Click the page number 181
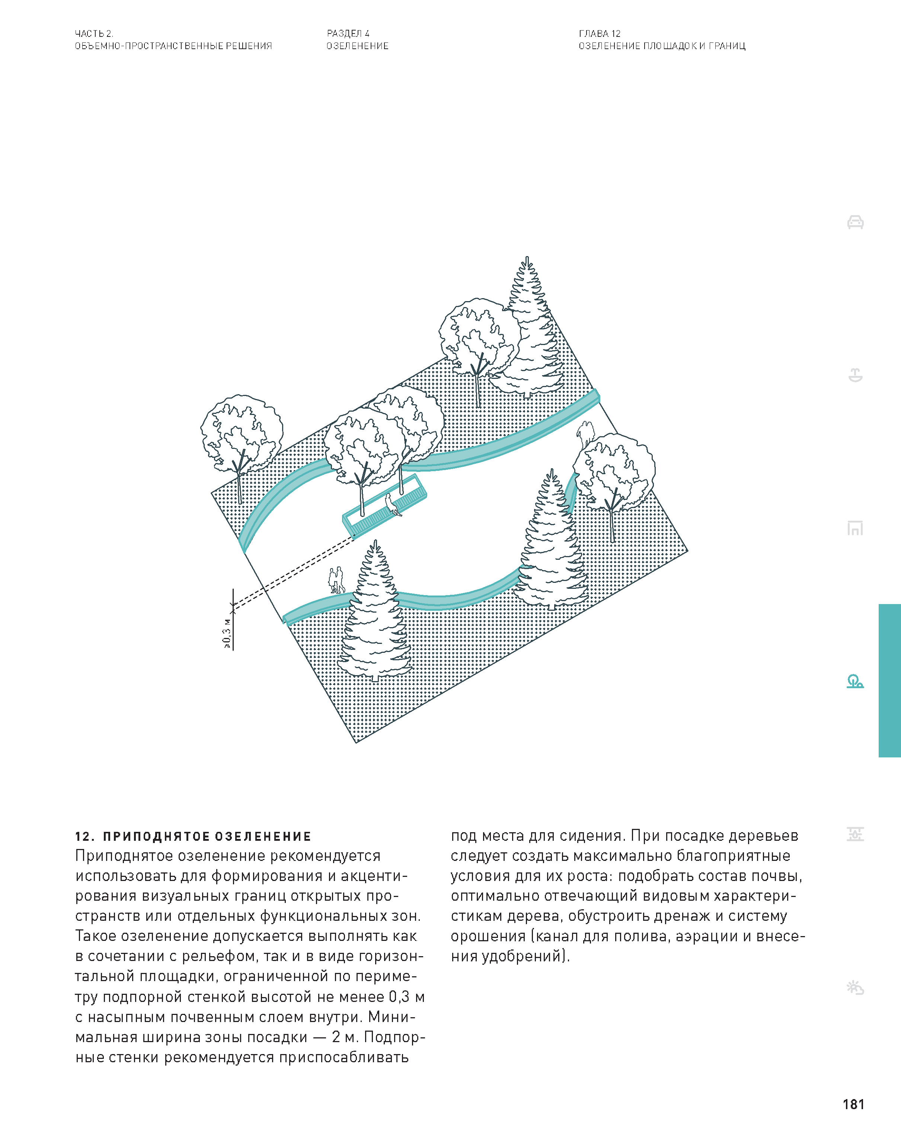coord(853,1104)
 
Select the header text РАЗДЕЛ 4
coord(348,33)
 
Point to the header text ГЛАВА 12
coord(600,33)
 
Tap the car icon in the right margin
coord(855,222)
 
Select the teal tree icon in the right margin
coord(855,681)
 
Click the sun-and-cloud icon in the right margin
coord(855,987)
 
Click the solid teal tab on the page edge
coord(890,680)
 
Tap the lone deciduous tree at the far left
coord(241,443)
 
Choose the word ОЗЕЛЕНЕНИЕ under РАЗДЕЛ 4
coord(358,46)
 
